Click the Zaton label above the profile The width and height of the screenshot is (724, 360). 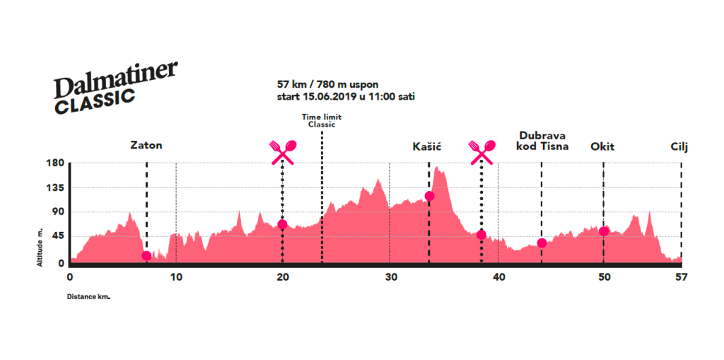(x=146, y=146)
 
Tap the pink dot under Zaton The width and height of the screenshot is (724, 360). (x=146, y=256)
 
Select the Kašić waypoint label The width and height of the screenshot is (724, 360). (x=426, y=146)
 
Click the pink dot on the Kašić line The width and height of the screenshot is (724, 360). (x=429, y=196)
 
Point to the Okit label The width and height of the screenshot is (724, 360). (x=602, y=146)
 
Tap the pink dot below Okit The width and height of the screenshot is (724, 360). (x=604, y=231)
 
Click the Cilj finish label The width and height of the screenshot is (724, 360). (x=679, y=146)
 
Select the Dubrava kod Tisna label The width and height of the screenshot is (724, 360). (x=542, y=141)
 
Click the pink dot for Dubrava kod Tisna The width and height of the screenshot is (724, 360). (x=542, y=243)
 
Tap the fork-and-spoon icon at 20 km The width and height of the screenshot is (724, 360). (x=283, y=151)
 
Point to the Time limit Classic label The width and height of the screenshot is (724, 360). (x=321, y=120)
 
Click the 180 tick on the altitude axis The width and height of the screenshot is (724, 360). (x=56, y=163)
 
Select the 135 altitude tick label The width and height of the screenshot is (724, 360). (x=56, y=188)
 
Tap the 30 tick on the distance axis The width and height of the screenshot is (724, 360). (x=390, y=277)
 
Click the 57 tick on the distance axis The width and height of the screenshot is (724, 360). (x=680, y=277)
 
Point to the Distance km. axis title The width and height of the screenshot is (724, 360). (x=88, y=296)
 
